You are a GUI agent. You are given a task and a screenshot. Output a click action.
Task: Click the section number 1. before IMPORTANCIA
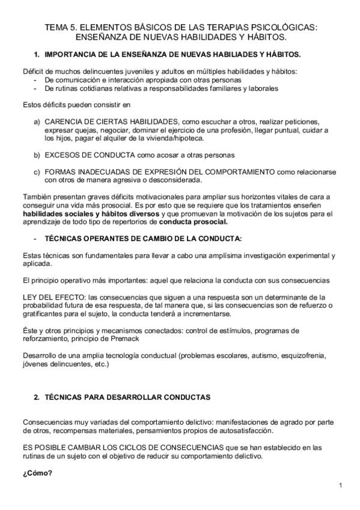[37, 55]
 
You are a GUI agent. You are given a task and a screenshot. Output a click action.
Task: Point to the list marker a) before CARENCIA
[37, 121]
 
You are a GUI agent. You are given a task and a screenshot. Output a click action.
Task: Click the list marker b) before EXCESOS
[37, 155]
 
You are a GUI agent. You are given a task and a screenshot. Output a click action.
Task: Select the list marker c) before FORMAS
[37, 171]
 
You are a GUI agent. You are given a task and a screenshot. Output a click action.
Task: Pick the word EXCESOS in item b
[63, 155]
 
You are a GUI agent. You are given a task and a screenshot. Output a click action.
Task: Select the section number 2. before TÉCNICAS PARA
[37, 398]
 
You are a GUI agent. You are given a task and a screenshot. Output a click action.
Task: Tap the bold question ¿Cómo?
[37, 473]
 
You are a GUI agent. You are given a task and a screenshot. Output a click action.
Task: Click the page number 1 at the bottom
[340, 485]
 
